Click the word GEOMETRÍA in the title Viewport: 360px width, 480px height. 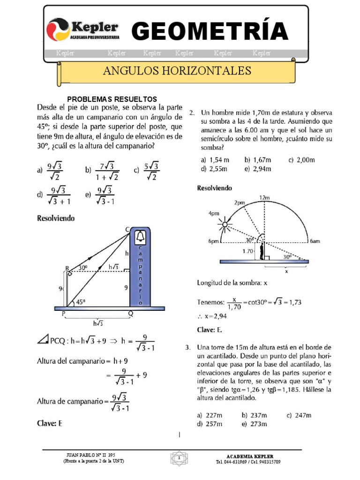pyautogui.click(x=210, y=31)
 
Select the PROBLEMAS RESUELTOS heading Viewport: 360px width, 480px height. pyautogui.click(x=112, y=99)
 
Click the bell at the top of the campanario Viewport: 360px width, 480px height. pyautogui.click(x=140, y=236)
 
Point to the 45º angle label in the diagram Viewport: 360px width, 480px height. pyautogui.click(x=81, y=302)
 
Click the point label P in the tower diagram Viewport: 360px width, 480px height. pyautogui.click(x=63, y=315)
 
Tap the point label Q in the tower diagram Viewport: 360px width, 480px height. pyautogui.click(x=131, y=315)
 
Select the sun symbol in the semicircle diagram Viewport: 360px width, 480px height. pyautogui.click(x=225, y=225)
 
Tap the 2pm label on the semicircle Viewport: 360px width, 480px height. pyautogui.click(x=239, y=203)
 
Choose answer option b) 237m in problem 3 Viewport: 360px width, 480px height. pyautogui.click(x=254, y=415)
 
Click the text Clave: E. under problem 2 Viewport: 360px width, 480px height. pyautogui.click(x=209, y=330)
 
